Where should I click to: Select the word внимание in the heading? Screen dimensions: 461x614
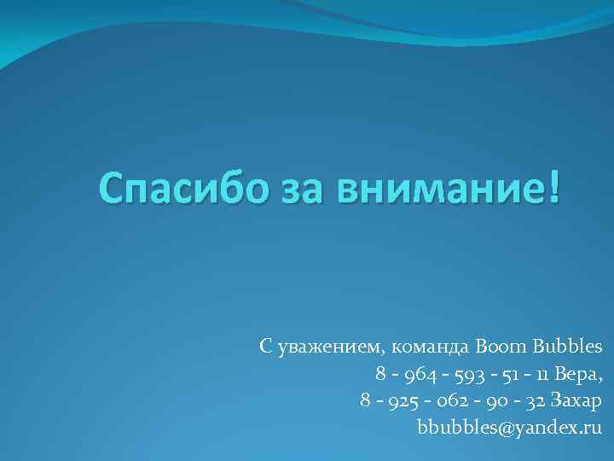tap(437, 188)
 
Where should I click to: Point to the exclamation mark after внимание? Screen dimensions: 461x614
tap(555, 186)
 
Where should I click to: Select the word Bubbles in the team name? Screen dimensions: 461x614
tap(569, 347)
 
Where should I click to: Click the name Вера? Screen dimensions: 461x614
tap(580, 374)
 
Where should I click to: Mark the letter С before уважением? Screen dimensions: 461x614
tap(265, 347)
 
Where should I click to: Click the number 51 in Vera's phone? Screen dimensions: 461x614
tap(506, 374)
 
